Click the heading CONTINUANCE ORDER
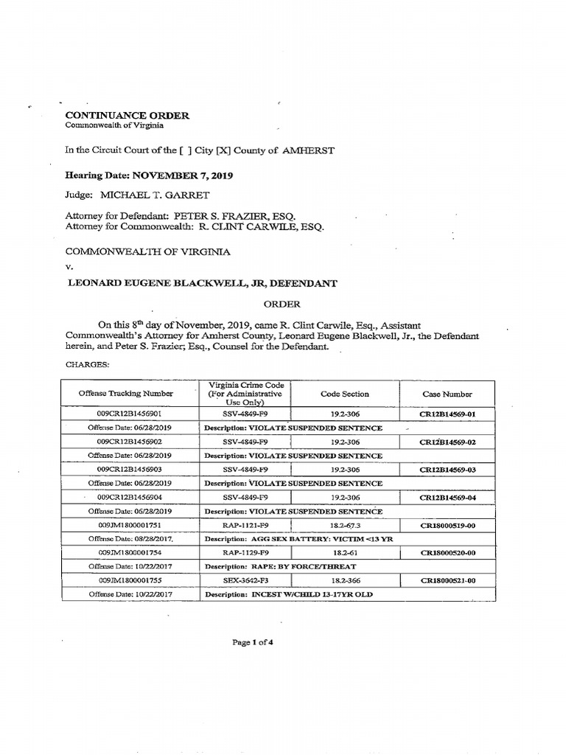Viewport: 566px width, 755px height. tap(127, 115)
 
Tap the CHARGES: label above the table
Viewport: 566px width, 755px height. tap(88, 364)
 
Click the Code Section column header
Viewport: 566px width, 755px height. tap(345, 394)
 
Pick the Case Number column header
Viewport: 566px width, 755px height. tap(447, 394)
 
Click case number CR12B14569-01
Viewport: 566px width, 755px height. tap(447, 414)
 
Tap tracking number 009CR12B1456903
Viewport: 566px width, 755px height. tap(129, 470)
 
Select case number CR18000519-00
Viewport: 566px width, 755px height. tap(447, 525)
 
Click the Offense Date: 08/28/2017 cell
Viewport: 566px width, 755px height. tap(129, 539)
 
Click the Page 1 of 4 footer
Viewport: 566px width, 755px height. tap(254, 642)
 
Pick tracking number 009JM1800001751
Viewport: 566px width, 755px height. tap(129, 525)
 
